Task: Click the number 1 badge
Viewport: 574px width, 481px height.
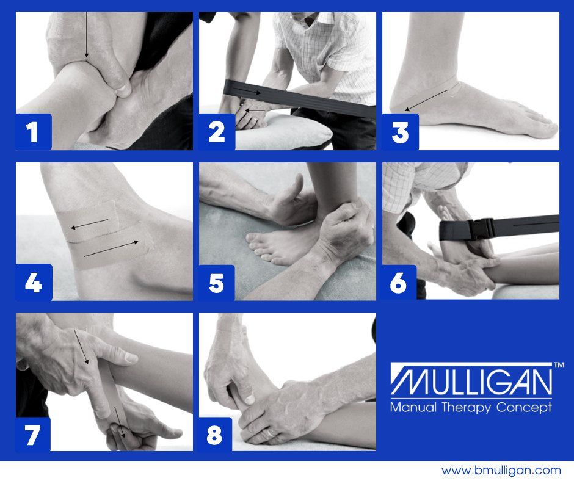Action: tap(34, 132)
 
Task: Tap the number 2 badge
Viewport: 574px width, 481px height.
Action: tap(217, 132)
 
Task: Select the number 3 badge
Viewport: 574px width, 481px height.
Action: tap(400, 132)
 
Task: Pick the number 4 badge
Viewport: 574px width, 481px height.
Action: tap(34, 282)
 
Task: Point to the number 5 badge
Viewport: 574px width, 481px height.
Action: tap(216, 283)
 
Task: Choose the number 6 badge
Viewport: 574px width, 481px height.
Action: tap(399, 282)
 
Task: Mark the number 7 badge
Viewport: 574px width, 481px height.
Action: tap(32, 435)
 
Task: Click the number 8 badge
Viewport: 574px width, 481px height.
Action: tap(215, 435)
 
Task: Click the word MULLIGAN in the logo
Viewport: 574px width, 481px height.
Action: tap(471, 382)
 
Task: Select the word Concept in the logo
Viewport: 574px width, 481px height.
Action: tap(524, 408)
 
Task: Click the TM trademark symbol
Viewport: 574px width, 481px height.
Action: tap(559, 365)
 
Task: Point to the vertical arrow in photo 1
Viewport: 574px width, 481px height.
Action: tap(86, 35)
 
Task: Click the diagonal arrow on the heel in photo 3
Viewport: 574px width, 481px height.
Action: tap(426, 100)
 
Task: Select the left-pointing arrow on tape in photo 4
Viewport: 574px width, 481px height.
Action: tap(90, 223)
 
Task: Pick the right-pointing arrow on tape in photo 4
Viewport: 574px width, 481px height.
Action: tap(111, 248)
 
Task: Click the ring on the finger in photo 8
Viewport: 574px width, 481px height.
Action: tap(270, 433)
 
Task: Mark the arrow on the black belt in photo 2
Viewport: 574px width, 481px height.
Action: tap(247, 91)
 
